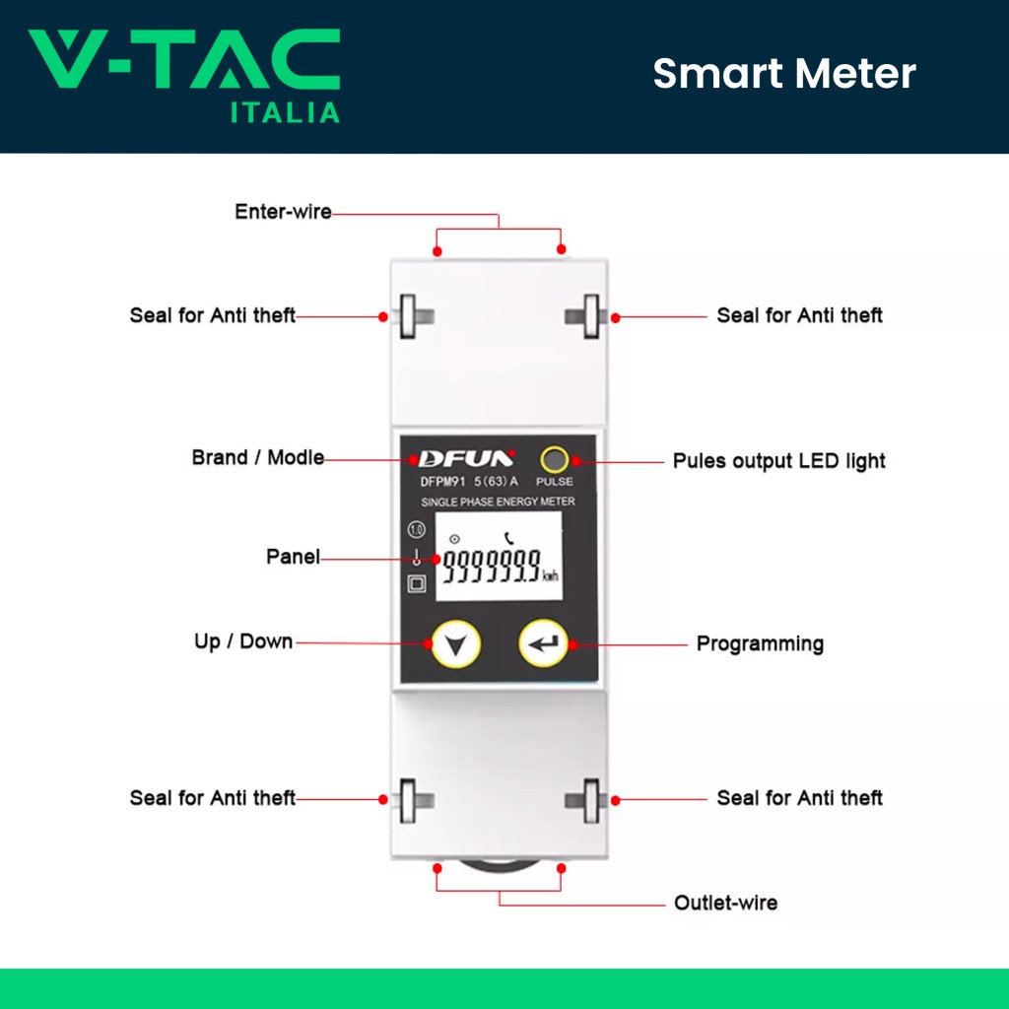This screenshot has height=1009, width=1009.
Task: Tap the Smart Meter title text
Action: pos(784,74)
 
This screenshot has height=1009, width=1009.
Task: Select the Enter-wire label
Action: pos(283,212)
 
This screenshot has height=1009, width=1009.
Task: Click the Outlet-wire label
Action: pos(725,903)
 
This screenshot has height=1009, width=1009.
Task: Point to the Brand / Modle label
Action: pos(258,458)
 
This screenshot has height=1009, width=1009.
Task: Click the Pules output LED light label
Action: pos(778,461)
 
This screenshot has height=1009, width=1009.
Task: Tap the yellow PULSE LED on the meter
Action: pos(554,459)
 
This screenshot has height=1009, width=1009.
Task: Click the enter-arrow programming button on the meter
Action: pos(543,644)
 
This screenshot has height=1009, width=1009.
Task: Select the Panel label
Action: pos(293,557)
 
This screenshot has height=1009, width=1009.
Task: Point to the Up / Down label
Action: pos(243,641)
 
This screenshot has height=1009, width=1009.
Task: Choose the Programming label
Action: pos(760,644)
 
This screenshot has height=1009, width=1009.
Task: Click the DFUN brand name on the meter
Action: pos(466,458)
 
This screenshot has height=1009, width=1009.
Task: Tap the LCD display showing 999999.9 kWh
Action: pos(499,566)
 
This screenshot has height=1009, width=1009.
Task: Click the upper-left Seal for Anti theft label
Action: pos(213,315)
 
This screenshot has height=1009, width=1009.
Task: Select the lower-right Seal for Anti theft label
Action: pos(800,798)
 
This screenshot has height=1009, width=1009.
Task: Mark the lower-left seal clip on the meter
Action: pos(414,797)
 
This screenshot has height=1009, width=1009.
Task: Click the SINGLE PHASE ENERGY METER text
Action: pos(498,503)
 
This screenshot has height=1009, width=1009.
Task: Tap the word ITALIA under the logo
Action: pos(285,112)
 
